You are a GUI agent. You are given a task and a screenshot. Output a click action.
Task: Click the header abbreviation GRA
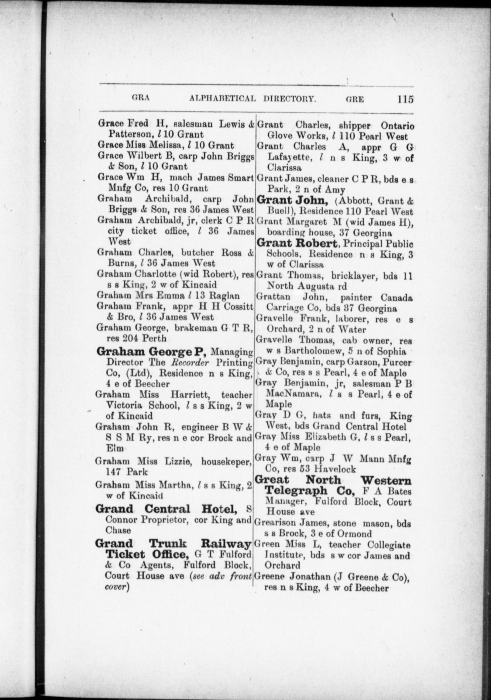pos(141,98)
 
